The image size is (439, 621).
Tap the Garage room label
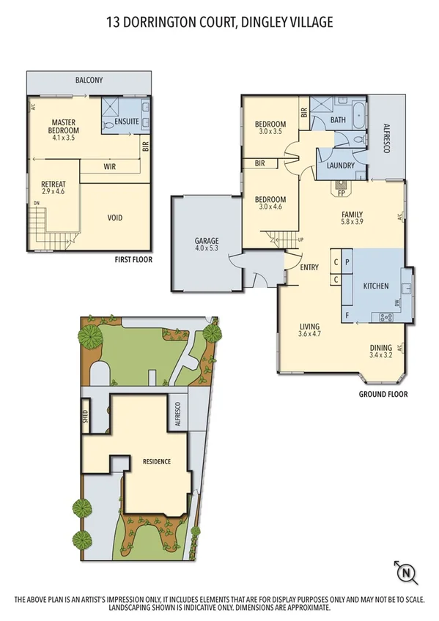click(207, 240)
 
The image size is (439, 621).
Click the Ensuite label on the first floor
click(116, 122)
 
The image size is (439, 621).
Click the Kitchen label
click(376, 286)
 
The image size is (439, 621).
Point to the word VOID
click(115, 217)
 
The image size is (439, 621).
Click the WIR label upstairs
click(110, 167)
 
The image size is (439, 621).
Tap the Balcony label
click(89, 81)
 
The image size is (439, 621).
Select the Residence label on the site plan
click(157, 461)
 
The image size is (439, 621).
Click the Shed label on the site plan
click(85, 416)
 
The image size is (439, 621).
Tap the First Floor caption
click(133, 260)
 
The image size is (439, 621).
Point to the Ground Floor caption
click(383, 394)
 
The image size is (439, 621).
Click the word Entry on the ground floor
click(309, 267)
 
